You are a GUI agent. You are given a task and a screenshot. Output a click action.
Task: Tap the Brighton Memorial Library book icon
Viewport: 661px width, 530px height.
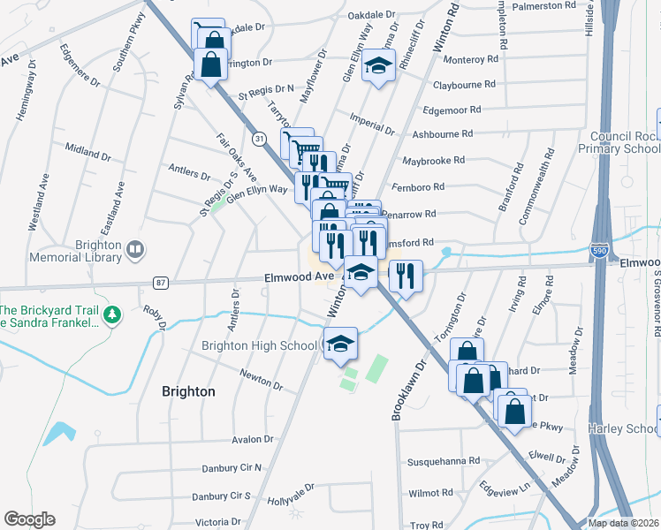point(135,251)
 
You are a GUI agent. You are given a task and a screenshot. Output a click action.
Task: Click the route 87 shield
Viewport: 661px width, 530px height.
point(160,283)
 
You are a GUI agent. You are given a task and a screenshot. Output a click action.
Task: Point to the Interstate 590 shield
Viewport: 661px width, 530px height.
point(600,252)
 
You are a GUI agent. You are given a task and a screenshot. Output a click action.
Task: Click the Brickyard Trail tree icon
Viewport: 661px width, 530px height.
point(111,314)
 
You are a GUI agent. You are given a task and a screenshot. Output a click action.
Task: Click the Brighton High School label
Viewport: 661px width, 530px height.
point(260,345)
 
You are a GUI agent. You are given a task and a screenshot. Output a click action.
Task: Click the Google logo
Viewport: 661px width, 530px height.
point(29,519)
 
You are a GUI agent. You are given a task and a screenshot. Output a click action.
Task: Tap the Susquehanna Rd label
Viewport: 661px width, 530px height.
point(443,461)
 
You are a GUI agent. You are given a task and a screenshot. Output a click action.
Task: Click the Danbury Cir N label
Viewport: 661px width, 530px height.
point(227,467)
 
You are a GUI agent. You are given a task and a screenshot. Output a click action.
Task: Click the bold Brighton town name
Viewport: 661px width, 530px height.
point(188,390)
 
